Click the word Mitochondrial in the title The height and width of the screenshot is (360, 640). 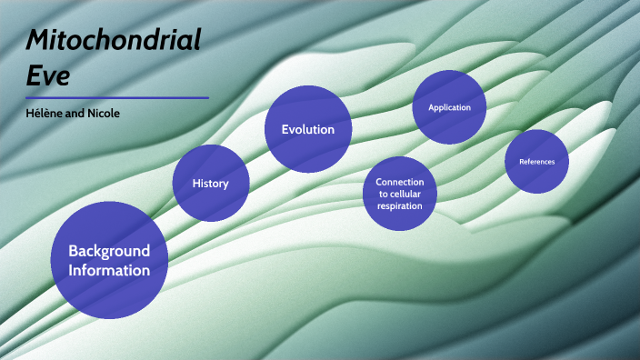point(114,41)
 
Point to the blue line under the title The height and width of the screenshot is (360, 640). point(117,97)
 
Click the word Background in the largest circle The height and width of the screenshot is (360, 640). point(109,251)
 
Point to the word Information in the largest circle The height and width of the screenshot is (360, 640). point(109,270)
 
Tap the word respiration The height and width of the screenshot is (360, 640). point(399,206)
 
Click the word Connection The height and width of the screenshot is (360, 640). point(399,182)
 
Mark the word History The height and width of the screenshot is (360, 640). point(210,184)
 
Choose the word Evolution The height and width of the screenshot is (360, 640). point(308,129)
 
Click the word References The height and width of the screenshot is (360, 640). point(536,162)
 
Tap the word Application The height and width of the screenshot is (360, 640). point(449,107)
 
